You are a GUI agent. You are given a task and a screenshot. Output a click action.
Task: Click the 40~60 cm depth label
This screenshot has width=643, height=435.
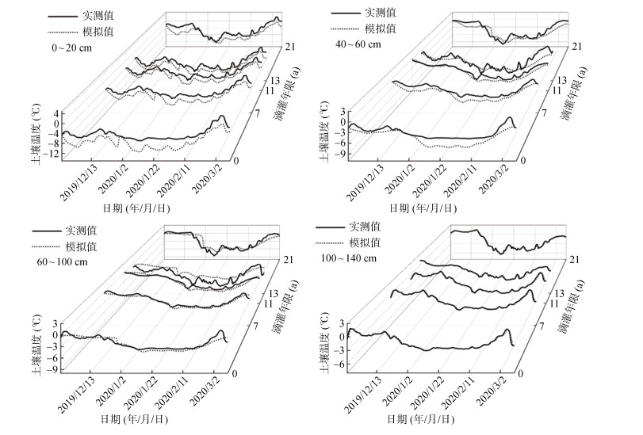357,44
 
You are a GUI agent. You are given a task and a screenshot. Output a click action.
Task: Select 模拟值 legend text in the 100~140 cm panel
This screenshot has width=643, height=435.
366,242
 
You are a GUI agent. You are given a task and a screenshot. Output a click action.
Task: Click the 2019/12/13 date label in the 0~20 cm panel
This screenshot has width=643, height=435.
78,184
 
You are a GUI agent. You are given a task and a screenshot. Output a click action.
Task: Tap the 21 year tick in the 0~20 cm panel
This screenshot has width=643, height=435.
290,48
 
